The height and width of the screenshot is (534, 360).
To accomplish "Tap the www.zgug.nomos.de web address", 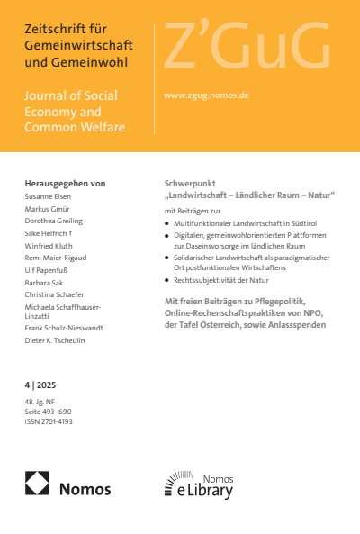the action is [206, 94].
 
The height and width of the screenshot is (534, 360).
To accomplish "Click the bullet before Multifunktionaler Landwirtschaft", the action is [167, 222].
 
